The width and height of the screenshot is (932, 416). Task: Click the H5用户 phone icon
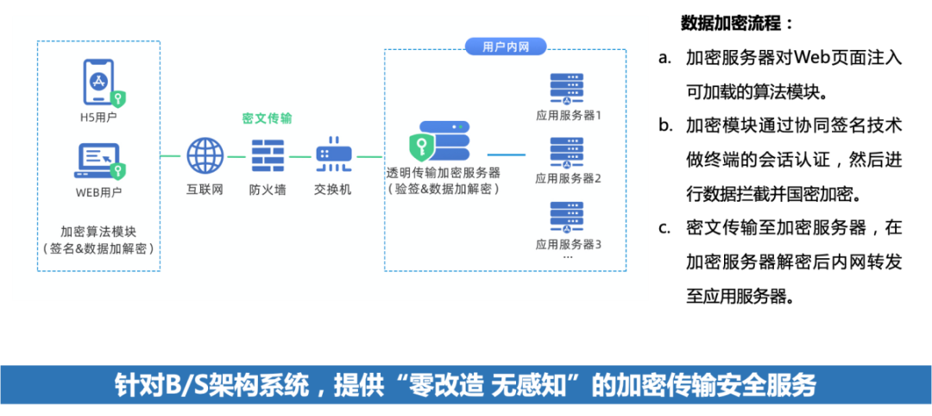click(100, 81)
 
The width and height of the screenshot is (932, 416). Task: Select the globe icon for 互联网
click(205, 156)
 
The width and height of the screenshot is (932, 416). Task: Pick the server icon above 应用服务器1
click(567, 89)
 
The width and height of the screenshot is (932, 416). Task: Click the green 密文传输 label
click(267, 118)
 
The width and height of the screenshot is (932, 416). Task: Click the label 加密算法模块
click(98, 231)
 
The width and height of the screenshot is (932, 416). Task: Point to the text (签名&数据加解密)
click(98, 249)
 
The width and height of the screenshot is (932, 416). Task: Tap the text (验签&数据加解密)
click(444, 188)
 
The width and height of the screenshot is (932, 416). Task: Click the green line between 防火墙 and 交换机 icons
click(299, 156)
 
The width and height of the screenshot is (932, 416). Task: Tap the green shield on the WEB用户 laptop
click(119, 170)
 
